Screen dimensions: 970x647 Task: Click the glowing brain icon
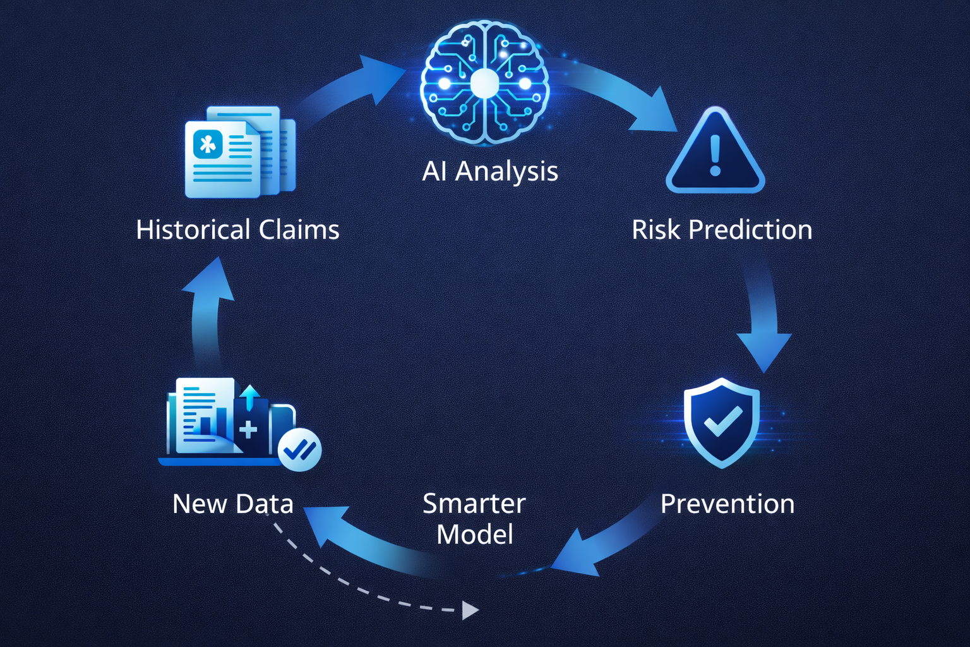pos(485,82)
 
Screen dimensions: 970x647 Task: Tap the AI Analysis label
pos(490,171)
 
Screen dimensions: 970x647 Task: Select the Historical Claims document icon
pos(240,152)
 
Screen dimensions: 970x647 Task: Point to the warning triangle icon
pos(715,152)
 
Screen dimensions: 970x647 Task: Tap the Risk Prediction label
pos(722,229)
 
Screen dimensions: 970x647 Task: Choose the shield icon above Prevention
pos(722,422)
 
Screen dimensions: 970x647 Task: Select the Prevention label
pos(727,504)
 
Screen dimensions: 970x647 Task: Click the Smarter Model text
pos(474,519)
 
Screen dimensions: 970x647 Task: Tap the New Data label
pos(233,504)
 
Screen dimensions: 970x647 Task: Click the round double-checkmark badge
pos(300,450)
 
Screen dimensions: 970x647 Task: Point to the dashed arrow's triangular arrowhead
pos(469,610)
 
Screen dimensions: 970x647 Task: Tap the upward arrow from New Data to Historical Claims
pos(207,310)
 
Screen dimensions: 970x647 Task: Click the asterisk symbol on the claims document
pos(208,144)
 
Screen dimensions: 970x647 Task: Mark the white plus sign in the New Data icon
pos(248,430)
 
